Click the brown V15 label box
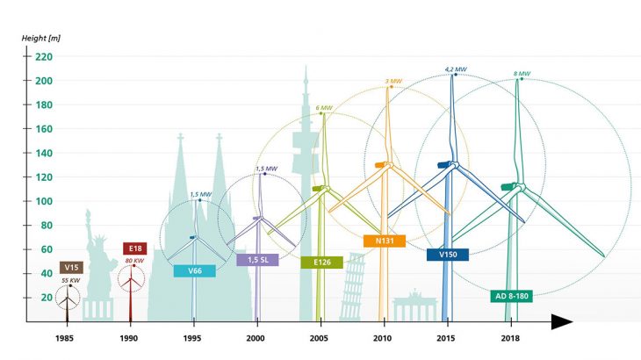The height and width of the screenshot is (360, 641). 71,267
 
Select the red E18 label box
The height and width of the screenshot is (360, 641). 134,248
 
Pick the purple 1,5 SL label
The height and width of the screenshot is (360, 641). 257,260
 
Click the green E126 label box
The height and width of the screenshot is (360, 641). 321,262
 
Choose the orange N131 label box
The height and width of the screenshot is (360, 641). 384,241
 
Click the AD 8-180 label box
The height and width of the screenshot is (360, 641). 511,296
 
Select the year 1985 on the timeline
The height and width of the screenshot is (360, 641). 64,337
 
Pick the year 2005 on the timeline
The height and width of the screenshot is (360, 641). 319,337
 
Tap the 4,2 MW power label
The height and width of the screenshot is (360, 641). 455,68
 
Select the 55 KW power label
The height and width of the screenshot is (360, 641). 71,279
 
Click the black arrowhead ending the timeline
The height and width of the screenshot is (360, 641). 561,322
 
